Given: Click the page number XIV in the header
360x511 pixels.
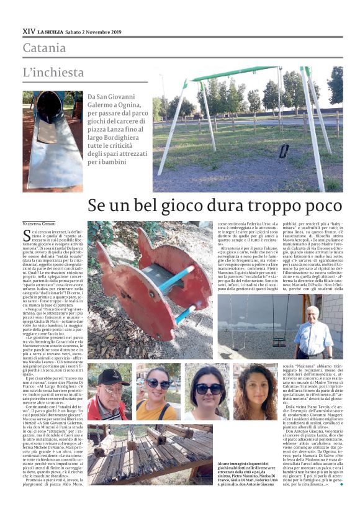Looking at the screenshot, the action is point(29,30).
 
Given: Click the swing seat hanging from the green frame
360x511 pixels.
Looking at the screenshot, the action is point(284,151).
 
